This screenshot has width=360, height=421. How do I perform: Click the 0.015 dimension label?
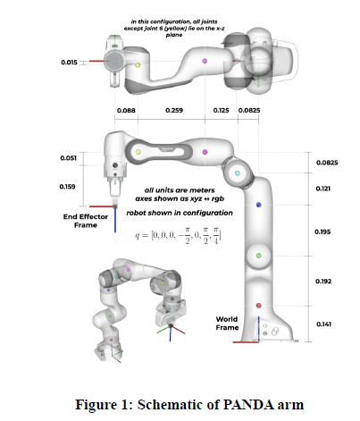(x=69, y=63)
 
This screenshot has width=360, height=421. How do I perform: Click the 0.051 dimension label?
(x=69, y=157)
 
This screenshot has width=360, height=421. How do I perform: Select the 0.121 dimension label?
(x=323, y=189)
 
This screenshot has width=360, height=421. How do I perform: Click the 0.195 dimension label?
(x=323, y=232)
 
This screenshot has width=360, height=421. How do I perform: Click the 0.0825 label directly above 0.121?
(x=327, y=164)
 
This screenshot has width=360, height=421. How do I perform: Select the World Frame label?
(x=227, y=323)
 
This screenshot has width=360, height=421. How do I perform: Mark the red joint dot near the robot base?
(x=258, y=306)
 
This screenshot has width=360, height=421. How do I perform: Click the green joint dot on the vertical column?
(x=258, y=257)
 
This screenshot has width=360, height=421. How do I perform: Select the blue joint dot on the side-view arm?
(x=258, y=206)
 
